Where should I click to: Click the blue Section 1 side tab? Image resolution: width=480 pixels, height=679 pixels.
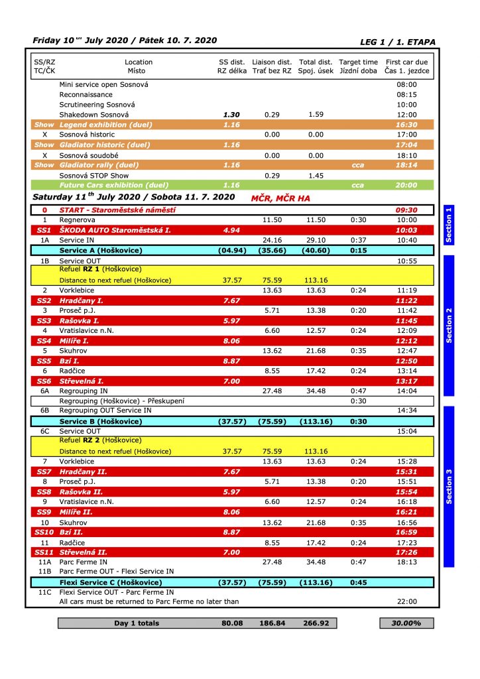point(448,225)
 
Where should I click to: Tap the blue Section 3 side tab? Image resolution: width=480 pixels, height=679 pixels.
point(448,486)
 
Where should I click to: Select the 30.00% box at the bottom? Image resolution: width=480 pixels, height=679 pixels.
point(406,623)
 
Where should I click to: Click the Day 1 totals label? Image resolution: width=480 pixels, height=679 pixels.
point(137,623)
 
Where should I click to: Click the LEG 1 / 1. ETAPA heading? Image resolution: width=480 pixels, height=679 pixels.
point(398,42)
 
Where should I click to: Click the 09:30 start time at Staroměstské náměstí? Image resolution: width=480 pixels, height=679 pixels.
point(406,210)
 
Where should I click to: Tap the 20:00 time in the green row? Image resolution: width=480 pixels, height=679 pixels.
point(406,185)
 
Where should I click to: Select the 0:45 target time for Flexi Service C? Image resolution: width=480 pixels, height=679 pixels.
point(358,582)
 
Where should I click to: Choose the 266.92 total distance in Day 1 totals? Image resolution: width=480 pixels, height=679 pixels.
point(316,623)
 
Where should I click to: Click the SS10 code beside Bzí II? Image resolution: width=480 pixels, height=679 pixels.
point(44,532)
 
